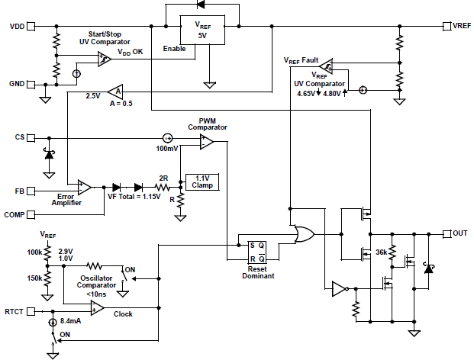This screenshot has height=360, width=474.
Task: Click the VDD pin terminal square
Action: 32,27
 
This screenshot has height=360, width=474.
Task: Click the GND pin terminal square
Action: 32,83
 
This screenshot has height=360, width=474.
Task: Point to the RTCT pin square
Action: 32,311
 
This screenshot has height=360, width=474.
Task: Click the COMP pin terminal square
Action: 32,215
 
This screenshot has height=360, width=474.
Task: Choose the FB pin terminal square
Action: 32,190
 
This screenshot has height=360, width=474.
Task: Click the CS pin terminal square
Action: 32,138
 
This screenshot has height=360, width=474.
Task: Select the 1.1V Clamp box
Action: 202,182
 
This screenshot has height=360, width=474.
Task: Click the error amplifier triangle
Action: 85,187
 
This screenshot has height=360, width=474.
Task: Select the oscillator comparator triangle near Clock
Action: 97,307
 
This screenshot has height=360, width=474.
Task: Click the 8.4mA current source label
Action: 70,322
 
